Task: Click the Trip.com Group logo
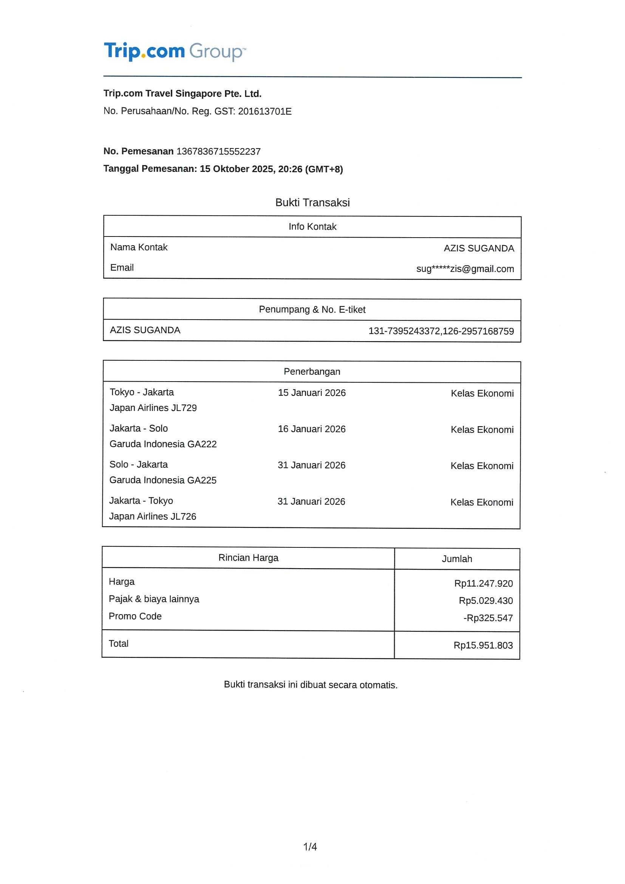pyautogui.click(x=175, y=52)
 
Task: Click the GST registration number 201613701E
pyautogui.click(x=265, y=111)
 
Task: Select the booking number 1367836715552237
pyautogui.click(x=218, y=152)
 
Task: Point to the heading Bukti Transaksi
pyautogui.click(x=312, y=202)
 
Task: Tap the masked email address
pyautogui.click(x=465, y=269)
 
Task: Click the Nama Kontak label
pyautogui.click(x=139, y=247)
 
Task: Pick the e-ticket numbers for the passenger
pyautogui.click(x=441, y=331)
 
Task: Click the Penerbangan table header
pyautogui.click(x=312, y=371)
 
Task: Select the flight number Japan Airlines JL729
pyautogui.click(x=153, y=408)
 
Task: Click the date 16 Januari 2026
pyautogui.click(x=311, y=429)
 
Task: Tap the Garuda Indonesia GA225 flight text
pyautogui.click(x=163, y=480)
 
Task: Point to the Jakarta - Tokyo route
pyautogui.click(x=141, y=501)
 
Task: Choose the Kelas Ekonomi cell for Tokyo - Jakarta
pyautogui.click(x=482, y=394)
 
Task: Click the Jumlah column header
pyautogui.click(x=457, y=559)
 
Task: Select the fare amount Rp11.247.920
pyautogui.click(x=483, y=583)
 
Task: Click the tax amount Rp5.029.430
pyautogui.click(x=486, y=601)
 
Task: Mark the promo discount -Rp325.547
pyautogui.click(x=488, y=618)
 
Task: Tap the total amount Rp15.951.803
pyautogui.click(x=483, y=645)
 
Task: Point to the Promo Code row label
pyautogui.click(x=135, y=616)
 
